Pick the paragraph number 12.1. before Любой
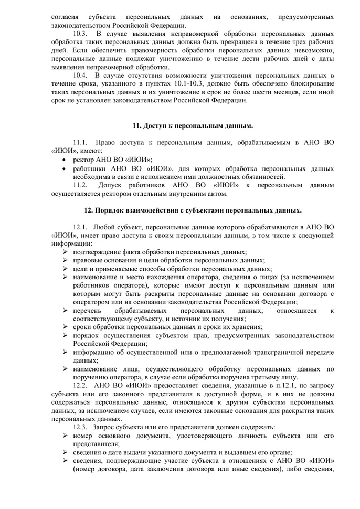tap(81, 227)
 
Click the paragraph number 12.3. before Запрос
tap(81, 427)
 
